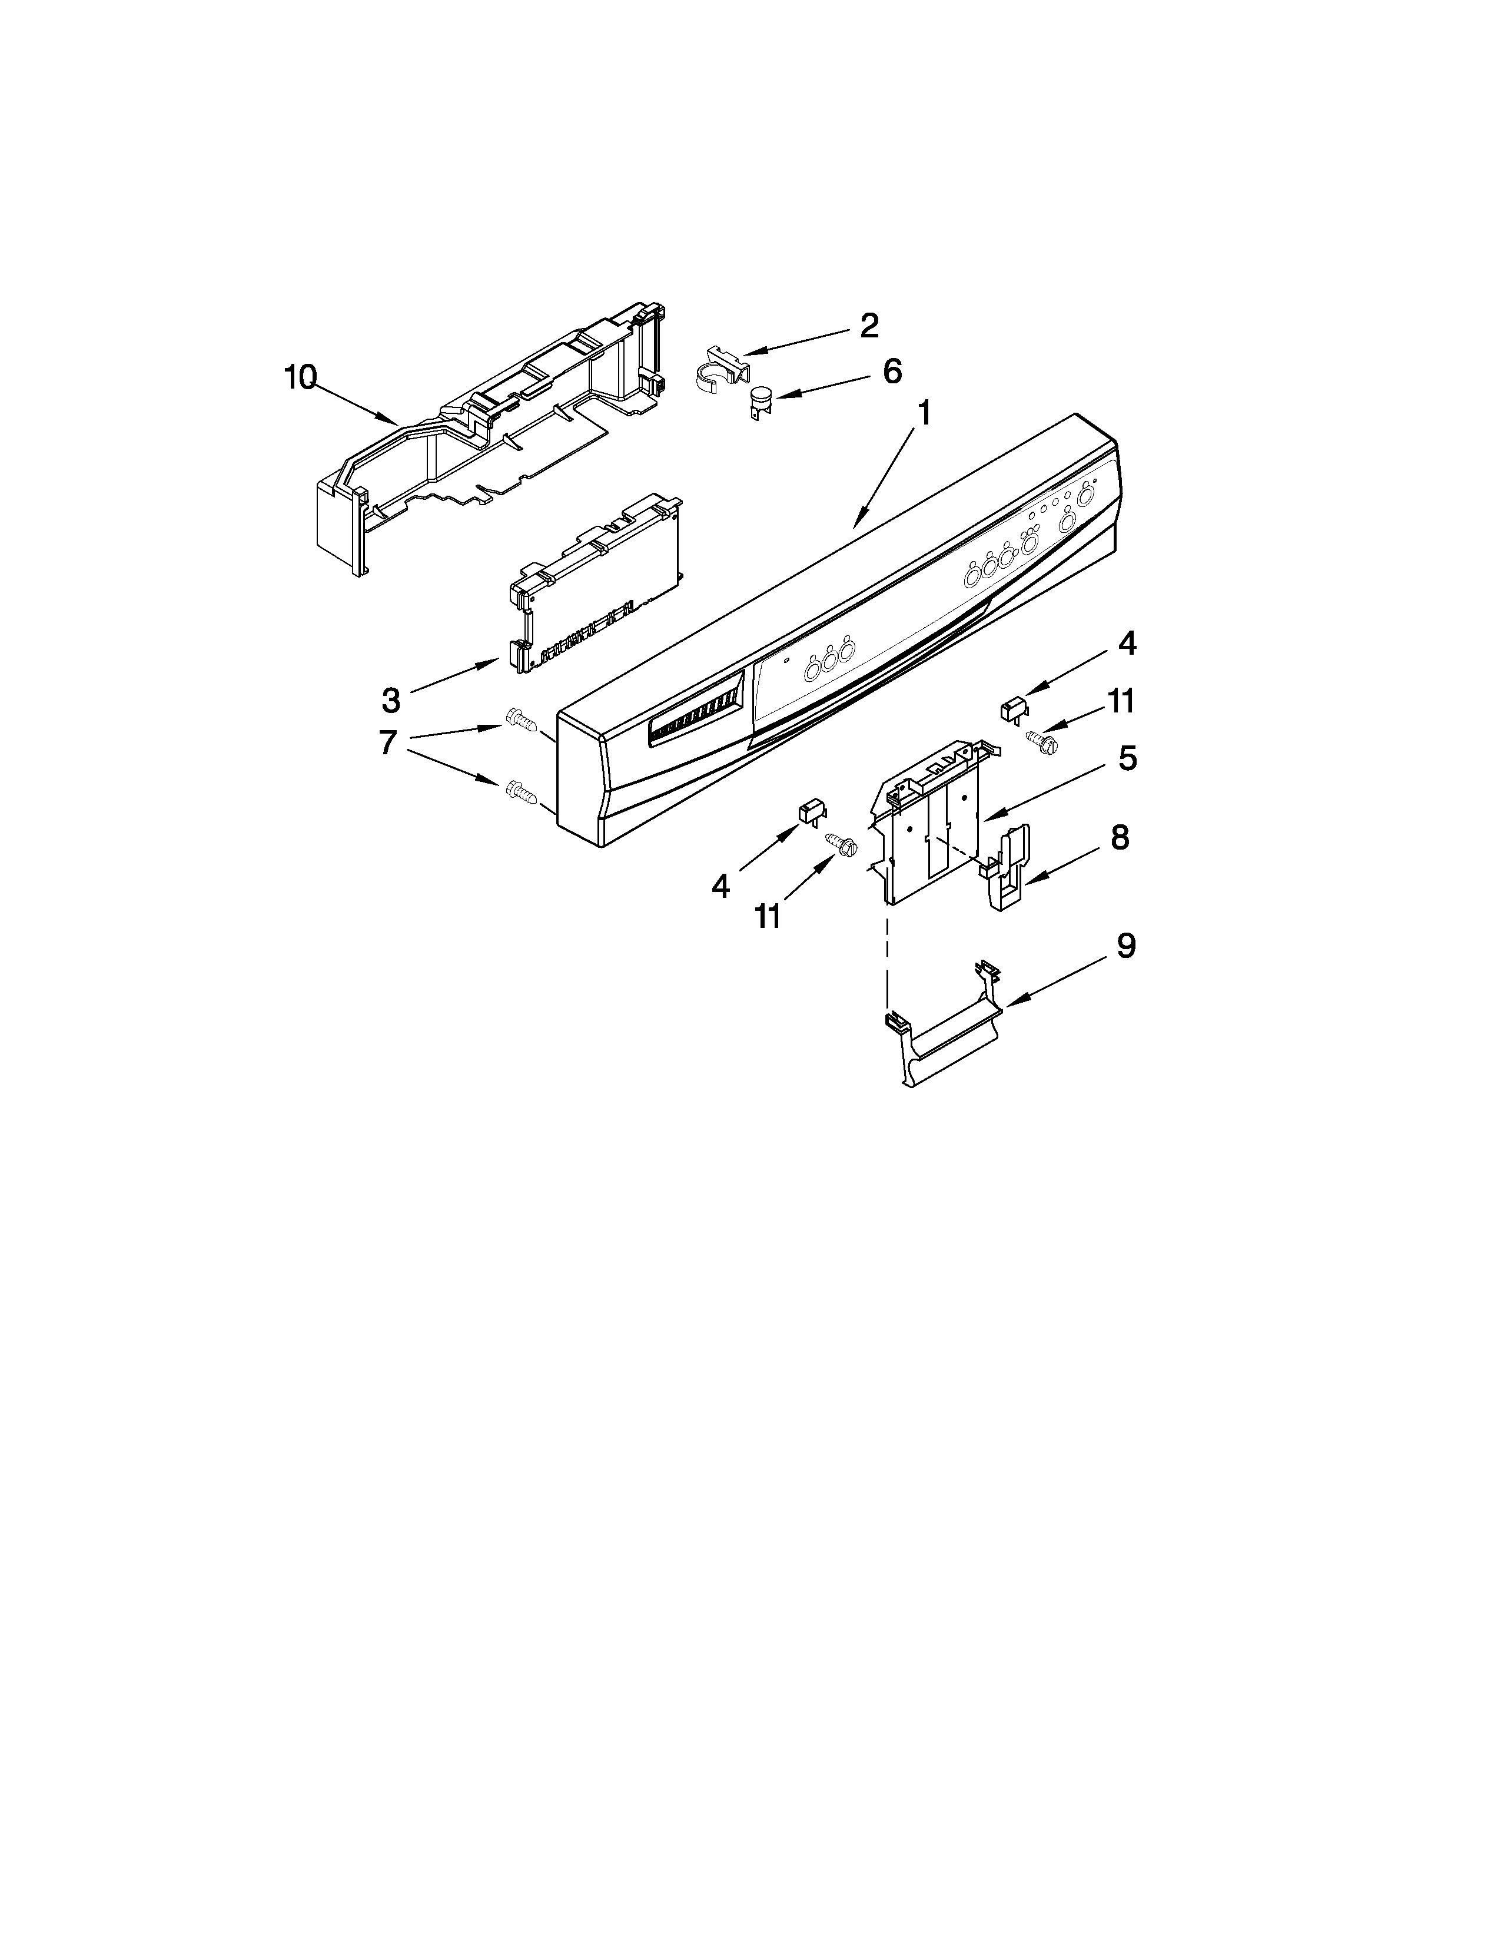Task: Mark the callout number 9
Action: (x=1125, y=946)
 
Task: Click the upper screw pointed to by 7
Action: (x=519, y=718)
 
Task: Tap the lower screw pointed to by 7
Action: (x=519, y=789)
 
